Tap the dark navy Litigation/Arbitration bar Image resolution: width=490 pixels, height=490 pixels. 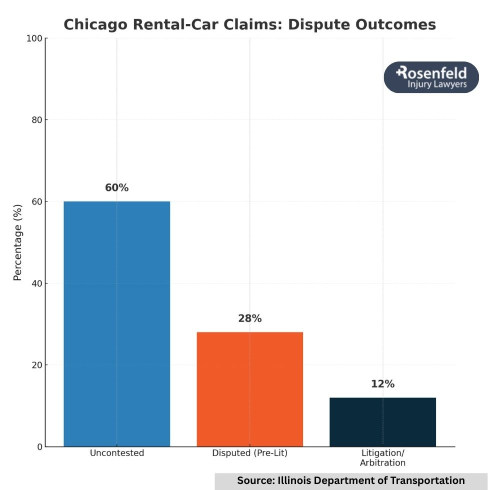382,422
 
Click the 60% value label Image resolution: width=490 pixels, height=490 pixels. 117,188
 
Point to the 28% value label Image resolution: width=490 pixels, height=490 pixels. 250,318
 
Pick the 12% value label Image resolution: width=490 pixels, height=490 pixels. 382,384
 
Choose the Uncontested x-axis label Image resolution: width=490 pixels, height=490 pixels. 117,453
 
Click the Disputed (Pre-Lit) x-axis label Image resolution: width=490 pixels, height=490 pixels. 250,453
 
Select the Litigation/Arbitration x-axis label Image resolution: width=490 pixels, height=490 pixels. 382,458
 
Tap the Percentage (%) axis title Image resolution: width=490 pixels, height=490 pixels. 17,242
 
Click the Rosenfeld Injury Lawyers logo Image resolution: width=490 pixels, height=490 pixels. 431,77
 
